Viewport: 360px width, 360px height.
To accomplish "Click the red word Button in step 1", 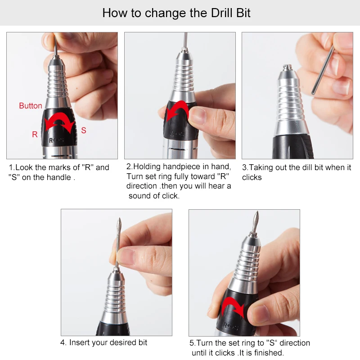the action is (x=31, y=106).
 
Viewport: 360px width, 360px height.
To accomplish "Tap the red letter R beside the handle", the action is (x=35, y=134).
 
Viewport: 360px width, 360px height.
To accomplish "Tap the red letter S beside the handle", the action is (x=84, y=130).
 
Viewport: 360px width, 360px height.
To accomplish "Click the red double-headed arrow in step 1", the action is (x=60, y=120).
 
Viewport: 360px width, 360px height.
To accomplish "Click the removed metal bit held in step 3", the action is (x=322, y=70).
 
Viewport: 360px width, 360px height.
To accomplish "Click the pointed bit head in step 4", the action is (x=119, y=224).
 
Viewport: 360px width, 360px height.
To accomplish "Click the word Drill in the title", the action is (x=221, y=13).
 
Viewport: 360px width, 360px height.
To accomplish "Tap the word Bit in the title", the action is (x=243, y=13).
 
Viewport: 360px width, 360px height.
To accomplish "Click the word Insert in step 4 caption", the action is (x=79, y=342).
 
